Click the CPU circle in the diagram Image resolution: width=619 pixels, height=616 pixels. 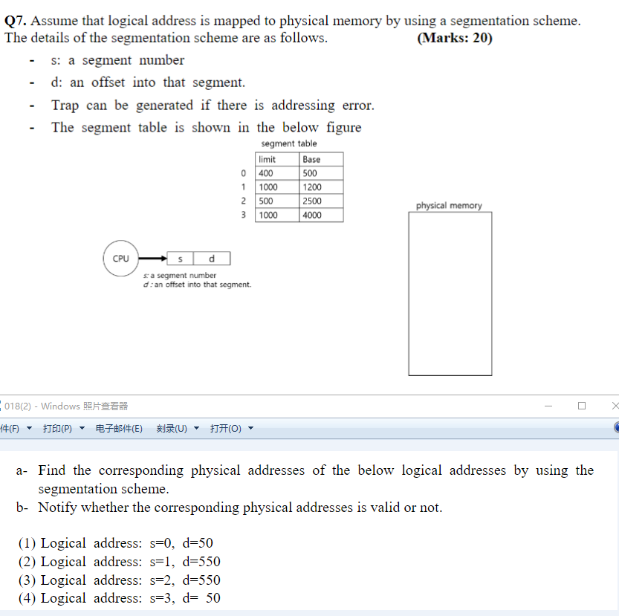click(x=120, y=259)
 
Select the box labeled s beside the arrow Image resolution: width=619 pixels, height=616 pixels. click(x=181, y=259)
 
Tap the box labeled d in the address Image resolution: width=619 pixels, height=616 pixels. click(x=212, y=259)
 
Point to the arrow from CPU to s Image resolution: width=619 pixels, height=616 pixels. click(x=153, y=259)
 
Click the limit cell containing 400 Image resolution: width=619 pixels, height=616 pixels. click(x=277, y=173)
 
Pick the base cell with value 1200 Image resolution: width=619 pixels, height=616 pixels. click(x=321, y=187)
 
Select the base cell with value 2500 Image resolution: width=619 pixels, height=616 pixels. click(x=321, y=201)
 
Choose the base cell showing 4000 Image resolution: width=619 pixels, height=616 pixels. click(x=321, y=215)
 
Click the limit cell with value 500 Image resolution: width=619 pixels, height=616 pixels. click(x=277, y=201)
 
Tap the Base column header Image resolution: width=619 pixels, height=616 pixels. click(x=321, y=159)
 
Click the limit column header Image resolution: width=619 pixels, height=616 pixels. click(x=277, y=159)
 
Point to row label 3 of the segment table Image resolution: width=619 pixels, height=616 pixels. click(x=243, y=215)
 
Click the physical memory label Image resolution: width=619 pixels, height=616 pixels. click(x=449, y=206)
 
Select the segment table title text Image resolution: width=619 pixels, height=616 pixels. click(x=289, y=143)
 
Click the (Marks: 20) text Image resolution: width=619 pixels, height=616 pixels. click(x=455, y=38)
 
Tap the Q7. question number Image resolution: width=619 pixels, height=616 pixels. click(x=16, y=22)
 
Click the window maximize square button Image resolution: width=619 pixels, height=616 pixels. click(x=581, y=406)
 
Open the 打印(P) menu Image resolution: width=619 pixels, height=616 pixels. click(x=57, y=429)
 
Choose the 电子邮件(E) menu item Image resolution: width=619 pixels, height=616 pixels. click(x=119, y=429)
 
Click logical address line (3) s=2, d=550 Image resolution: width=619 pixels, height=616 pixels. click(x=119, y=580)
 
